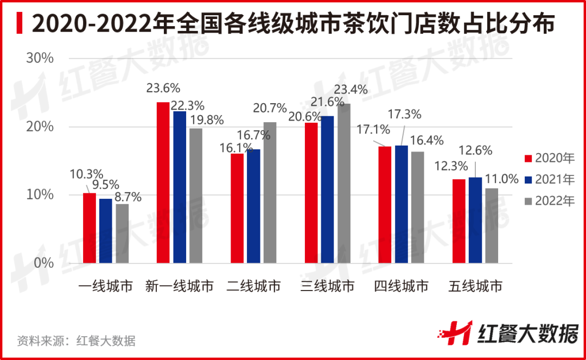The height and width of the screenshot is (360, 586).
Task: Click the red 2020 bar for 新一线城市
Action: point(163,182)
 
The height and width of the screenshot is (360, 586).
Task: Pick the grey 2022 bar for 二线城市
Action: point(270,193)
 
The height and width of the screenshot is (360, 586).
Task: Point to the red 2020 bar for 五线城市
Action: point(460,221)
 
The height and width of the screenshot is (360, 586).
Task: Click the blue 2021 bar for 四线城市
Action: point(402,204)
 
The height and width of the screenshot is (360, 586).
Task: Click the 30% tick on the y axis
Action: point(40,59)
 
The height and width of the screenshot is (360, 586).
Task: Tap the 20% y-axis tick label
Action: point(40,127)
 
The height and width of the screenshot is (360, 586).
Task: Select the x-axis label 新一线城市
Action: point(180,286)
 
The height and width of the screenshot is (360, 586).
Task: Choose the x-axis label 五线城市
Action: point(475,286)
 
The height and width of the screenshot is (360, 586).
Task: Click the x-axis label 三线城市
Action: point(327,286)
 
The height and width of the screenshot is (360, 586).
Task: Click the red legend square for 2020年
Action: point(528,159)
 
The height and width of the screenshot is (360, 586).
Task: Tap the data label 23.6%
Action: point(163,88)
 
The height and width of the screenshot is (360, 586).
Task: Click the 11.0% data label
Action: point(501,179)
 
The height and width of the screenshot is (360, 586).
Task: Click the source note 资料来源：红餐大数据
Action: point(76,341)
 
